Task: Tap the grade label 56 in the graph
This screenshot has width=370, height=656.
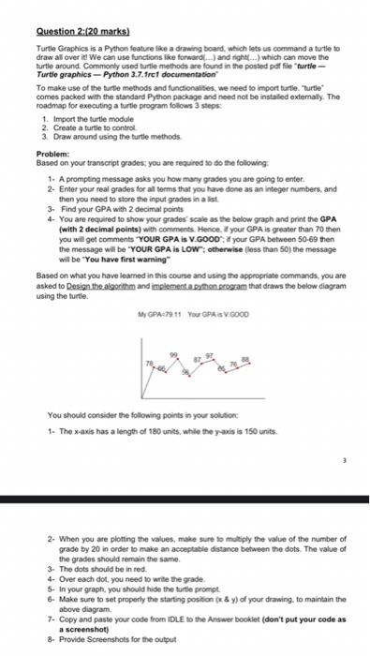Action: pyautogui.click(x=185, y=373)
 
